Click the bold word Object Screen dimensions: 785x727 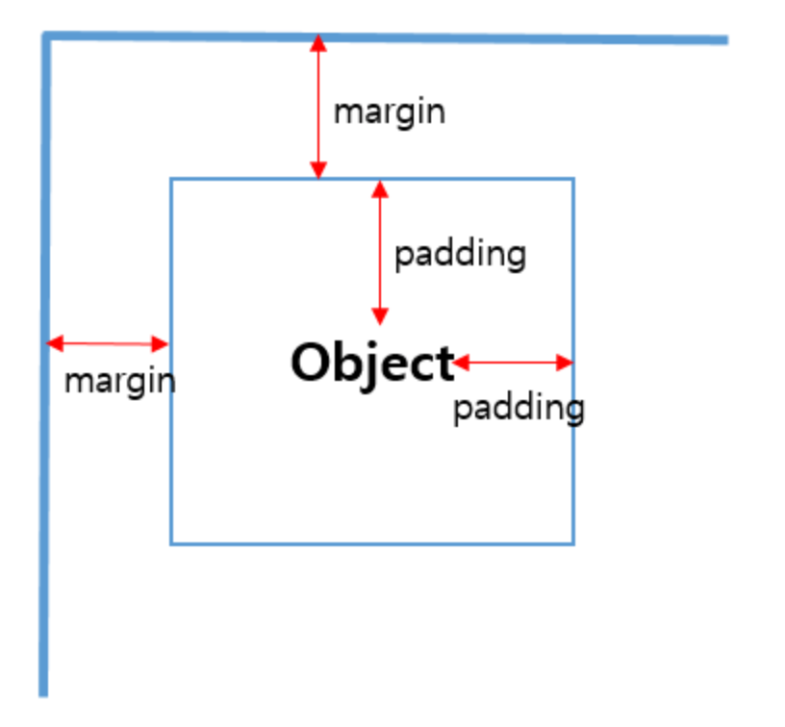pos(371,364)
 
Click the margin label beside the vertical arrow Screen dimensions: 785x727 pos(389,112)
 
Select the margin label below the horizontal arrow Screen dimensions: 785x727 pos(119,382)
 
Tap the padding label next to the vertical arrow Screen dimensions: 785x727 pos(460,255)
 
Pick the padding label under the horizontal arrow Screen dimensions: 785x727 pos(519,409)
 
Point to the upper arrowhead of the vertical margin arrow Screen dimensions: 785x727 pos(318,43)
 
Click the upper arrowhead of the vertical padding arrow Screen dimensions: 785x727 pos(380,187)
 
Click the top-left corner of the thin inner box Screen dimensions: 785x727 pos(171,179)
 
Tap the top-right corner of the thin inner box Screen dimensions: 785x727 pos(573,179)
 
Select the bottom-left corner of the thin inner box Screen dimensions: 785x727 pos(171,544)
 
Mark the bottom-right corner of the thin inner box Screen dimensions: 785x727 pos(573,544)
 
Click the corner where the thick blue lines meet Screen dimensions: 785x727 pos(45,37)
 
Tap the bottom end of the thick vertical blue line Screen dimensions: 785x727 pos(43,692)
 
